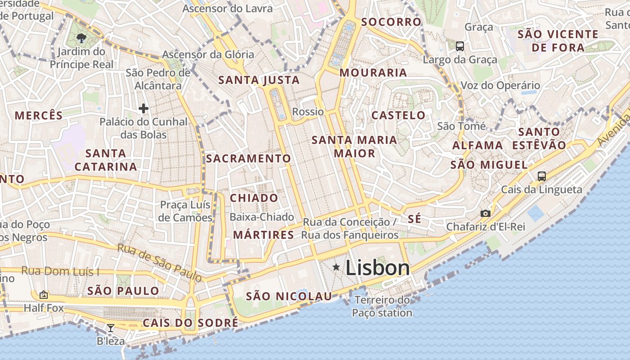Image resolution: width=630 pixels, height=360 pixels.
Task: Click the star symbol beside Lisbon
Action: [336, 267]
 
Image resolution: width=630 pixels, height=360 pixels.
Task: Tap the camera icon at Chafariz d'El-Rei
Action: [485, 213]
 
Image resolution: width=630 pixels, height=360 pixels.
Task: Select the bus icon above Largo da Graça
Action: [460, 46]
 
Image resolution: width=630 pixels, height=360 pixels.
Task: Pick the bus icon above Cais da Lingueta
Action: [542, 176]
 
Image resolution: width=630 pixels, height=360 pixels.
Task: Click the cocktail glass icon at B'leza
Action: [110, 328]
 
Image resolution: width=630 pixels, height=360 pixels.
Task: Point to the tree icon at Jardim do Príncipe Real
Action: [81, 38]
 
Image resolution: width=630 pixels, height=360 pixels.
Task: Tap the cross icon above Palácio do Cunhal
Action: [144, 108]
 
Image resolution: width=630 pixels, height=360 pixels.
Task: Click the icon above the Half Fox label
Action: [44, 295]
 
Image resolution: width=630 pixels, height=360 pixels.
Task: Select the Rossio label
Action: [308, 112]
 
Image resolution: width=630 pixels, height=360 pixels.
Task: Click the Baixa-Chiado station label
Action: [262, 217]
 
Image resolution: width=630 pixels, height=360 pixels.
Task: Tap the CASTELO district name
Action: [398, 115]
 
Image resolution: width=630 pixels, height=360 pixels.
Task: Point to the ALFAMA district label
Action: [477, 145]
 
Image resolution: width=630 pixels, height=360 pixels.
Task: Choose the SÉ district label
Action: [415, 219]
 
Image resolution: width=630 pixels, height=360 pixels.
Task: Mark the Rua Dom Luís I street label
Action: [60, 271]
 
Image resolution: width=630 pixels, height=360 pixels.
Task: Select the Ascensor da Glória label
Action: [208, 54]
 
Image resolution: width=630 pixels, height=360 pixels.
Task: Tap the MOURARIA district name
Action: [373, 72]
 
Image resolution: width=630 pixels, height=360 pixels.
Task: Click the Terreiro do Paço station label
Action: [382, 306]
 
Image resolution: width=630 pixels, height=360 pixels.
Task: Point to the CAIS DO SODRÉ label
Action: [190, 323]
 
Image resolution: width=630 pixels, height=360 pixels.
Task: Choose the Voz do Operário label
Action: [500, 85]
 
